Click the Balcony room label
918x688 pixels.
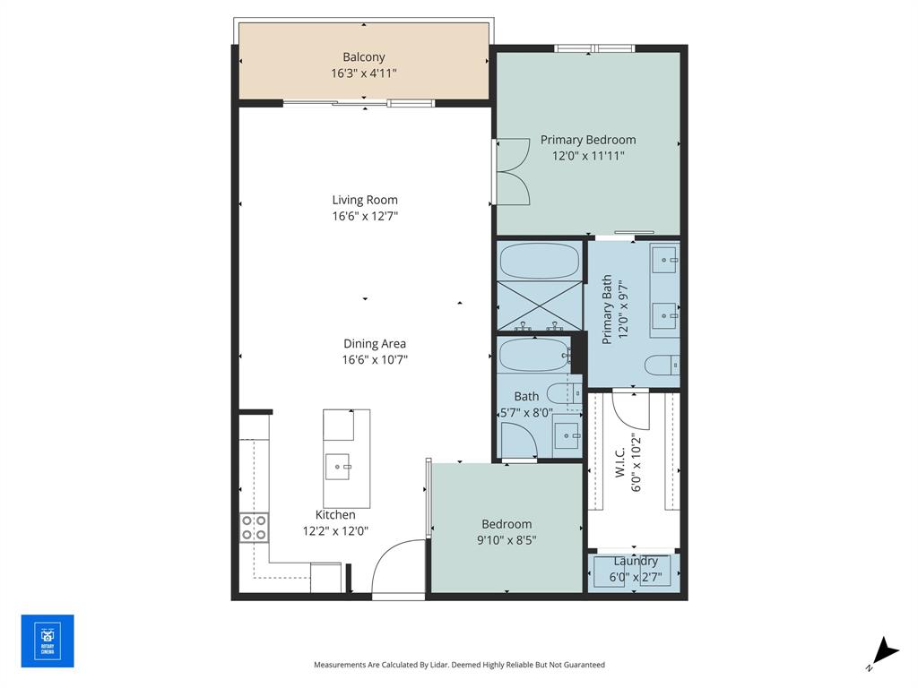point(364,57)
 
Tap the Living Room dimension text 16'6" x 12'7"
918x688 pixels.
point(364,216)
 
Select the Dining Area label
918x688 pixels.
point(375,344)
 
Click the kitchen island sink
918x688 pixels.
point(339,466)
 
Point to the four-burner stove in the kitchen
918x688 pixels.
point(254,527)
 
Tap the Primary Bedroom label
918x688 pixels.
point(588,140)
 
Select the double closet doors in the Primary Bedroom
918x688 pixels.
point(513,171)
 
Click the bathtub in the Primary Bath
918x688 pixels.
point(540,261)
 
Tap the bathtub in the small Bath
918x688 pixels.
point(533,356)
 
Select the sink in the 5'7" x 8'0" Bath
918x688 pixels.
point(566,437)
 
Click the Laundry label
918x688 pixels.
point(636,561)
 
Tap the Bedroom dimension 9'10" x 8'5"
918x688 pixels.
point(507,539)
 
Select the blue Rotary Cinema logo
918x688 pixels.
point(48,641)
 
